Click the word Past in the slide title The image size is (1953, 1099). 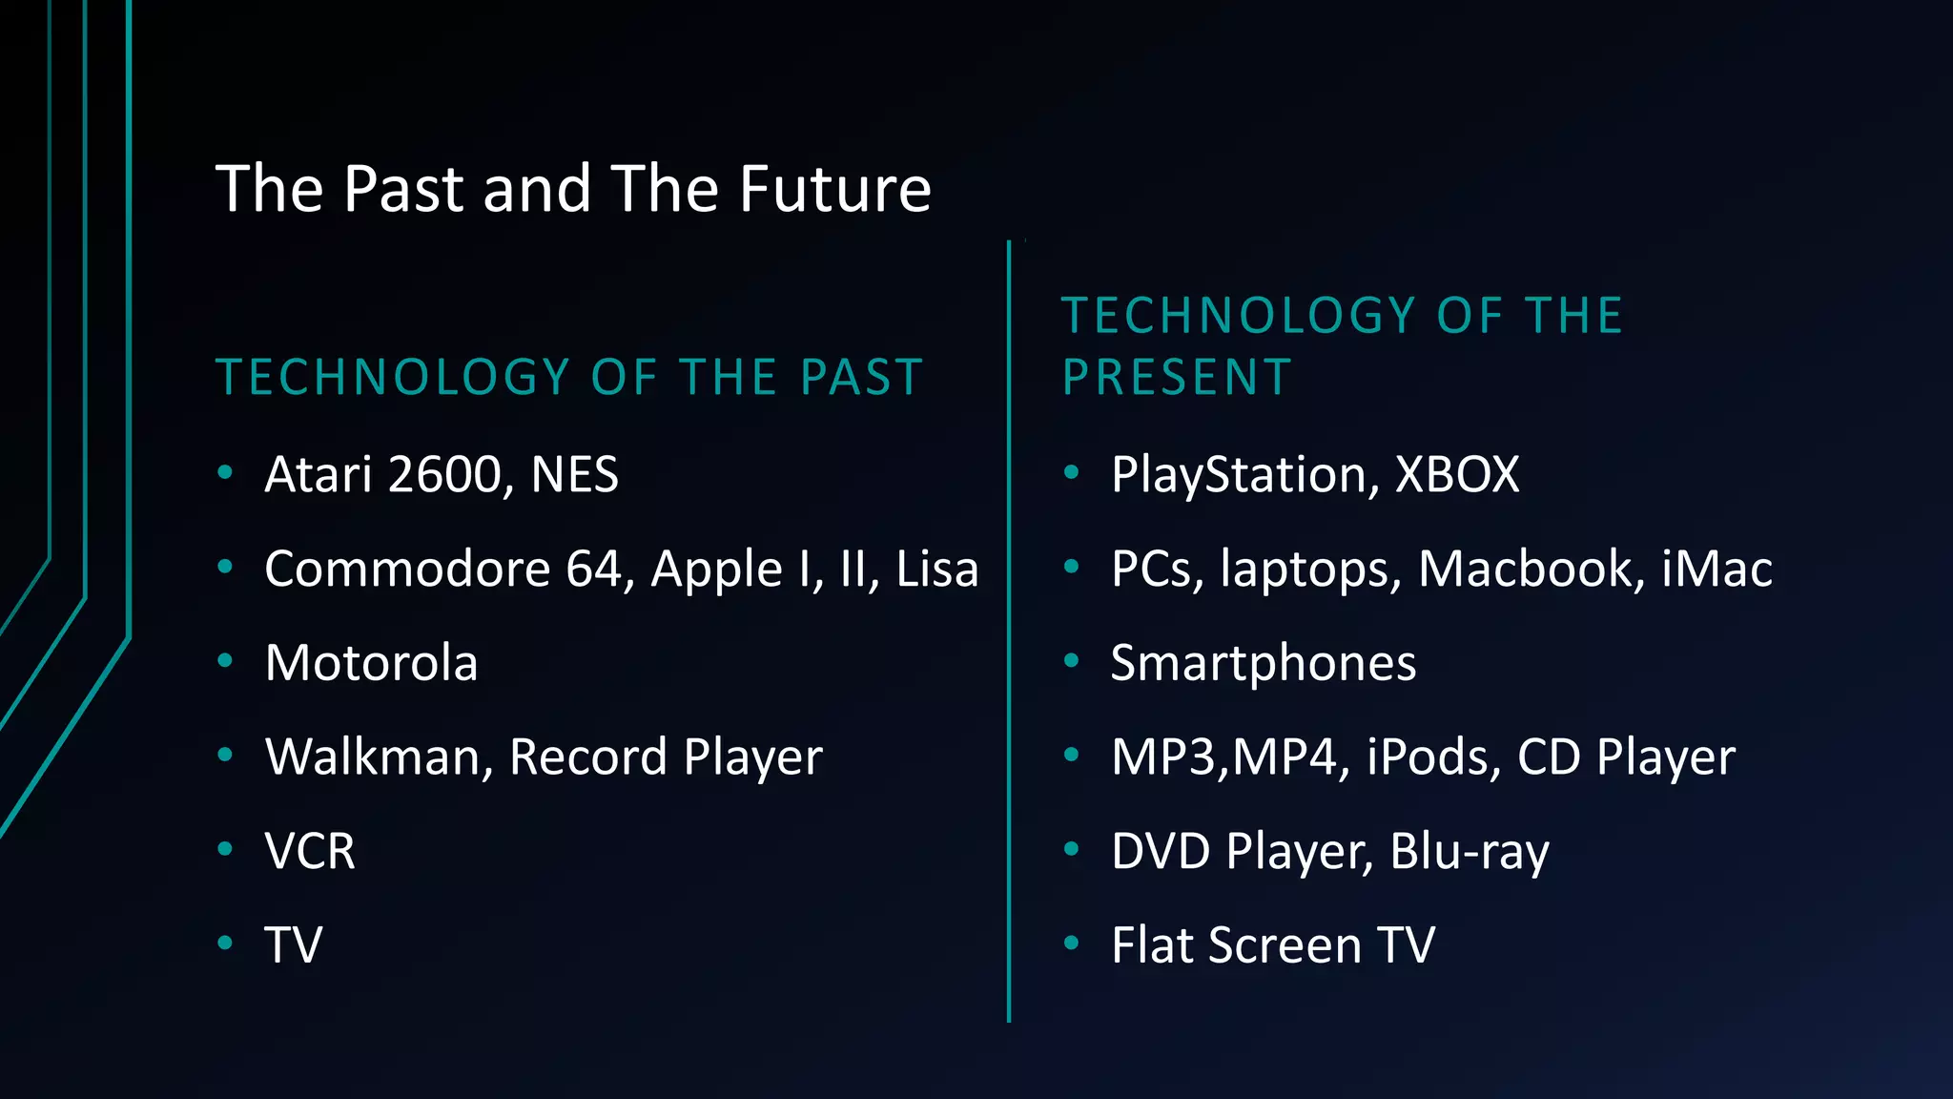[x=402, y=189]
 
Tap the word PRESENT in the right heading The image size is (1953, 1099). [x=1177, y=378]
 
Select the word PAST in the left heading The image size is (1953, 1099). [x=861, y=378]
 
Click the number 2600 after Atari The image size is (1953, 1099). [x=444, y=475]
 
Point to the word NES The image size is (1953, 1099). [x=574, y=475]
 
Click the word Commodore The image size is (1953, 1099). [x=407, y=570]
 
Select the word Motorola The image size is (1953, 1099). [x=371, y=663]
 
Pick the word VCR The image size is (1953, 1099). [x=310, y=851]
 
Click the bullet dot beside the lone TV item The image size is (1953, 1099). [x=225, y=943]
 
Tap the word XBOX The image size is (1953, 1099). [x=1456, y=475]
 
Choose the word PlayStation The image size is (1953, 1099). [x=1244, y=475]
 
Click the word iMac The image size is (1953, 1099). [x=1717, y=570]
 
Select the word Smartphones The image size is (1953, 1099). [x=1264, y=663]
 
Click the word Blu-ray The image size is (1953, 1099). [x=1469, y=851]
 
